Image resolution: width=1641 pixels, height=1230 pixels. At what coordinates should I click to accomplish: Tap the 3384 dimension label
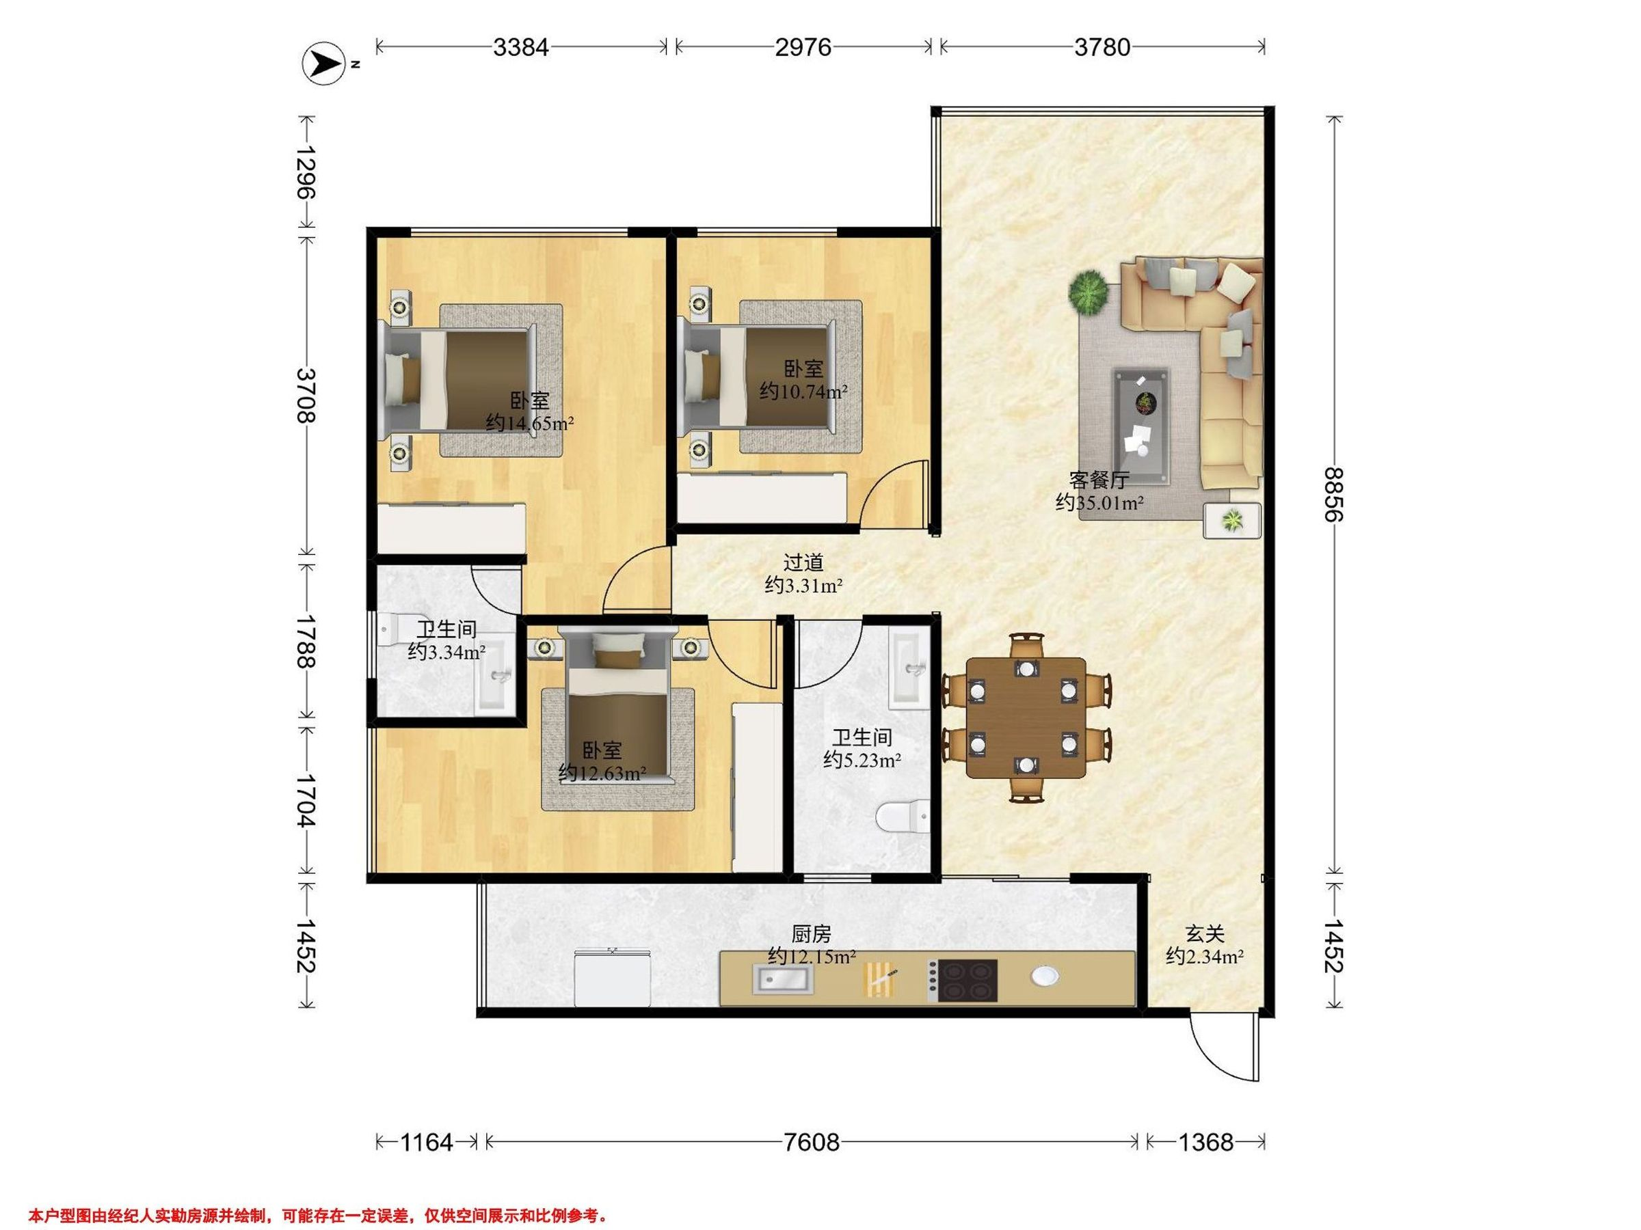[x=521, y=47]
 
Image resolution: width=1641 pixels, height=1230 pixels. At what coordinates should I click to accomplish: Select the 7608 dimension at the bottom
[x=812, y=1143]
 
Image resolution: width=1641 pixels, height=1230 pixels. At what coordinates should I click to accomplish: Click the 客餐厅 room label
[x=1099, y=480]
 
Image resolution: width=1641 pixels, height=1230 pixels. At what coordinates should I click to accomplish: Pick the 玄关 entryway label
[x=1204, y=933]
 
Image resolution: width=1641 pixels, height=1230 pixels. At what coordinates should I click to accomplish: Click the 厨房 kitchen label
[x=811, y=933]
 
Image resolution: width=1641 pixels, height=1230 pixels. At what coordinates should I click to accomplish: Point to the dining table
[x=1026, y=717]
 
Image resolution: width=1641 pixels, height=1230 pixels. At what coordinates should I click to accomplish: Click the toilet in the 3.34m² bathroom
[x=393, y=629]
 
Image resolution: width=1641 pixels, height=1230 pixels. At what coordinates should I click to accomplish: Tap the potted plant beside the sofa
[x=1089, y=292]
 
